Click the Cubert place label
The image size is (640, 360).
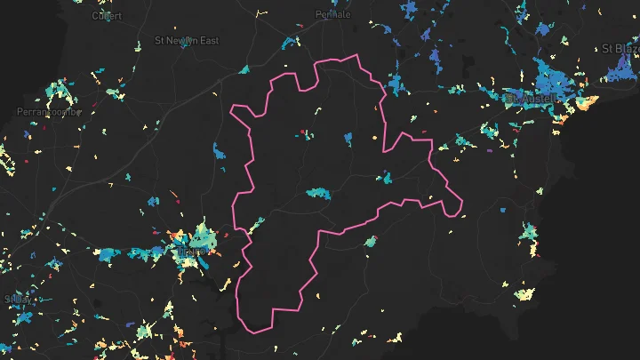[x=107, y=15]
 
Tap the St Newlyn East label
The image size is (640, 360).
[x=186, y=41]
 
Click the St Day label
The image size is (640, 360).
[x=18, y=299]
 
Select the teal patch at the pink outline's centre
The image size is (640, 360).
[x=317, y=192]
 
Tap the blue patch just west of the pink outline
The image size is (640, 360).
[x=220, y=152]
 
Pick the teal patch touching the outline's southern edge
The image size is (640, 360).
[x=369, y=241]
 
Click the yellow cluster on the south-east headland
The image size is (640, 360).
[x=525, y=294]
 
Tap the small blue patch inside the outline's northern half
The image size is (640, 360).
[x=347, y=138]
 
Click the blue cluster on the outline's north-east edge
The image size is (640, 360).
[x=395, y=86]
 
